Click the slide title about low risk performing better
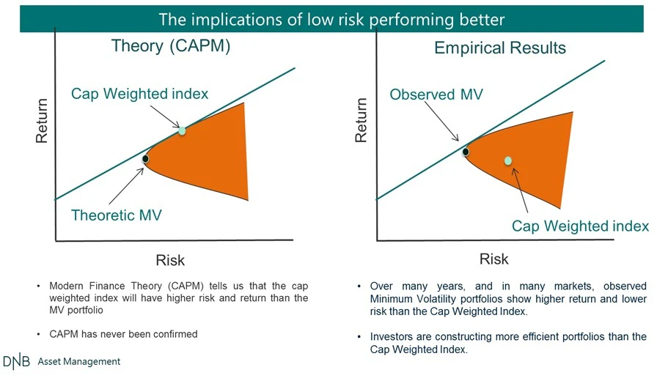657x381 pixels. click(x=331, y=20)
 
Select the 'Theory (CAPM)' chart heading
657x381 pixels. click(x=171, y=45)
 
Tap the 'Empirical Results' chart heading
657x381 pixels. click(x=500, y=48)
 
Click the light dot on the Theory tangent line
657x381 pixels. click(x=182, y=130)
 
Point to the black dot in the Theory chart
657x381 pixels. click(x=145, y=159)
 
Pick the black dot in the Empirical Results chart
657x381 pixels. click(x=466, y=152)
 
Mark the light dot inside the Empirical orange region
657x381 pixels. click(x=508, y=160)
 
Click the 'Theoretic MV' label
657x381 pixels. click(x=117, y=215)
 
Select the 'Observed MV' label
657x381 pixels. click(x=436, y=95)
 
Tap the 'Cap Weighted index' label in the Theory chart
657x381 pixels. click(x=139, y=93)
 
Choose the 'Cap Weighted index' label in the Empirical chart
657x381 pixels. click(x=580, y=226)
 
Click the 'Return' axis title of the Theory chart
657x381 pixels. click(x=42, y=121)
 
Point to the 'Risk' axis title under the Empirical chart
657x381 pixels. click(x=494, y=259)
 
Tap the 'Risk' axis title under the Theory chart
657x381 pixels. click(x=170, y=260)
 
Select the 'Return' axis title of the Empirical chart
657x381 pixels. click(x=361, y=120)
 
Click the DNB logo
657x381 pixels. click(x=16, y=362)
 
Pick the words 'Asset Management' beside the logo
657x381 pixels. click(x=78, y=361)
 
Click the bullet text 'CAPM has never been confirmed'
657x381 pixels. click(x=123, y=334)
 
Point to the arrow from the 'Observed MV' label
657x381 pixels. click(x=441, y=122)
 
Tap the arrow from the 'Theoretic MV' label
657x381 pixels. click(x=127, y=186)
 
